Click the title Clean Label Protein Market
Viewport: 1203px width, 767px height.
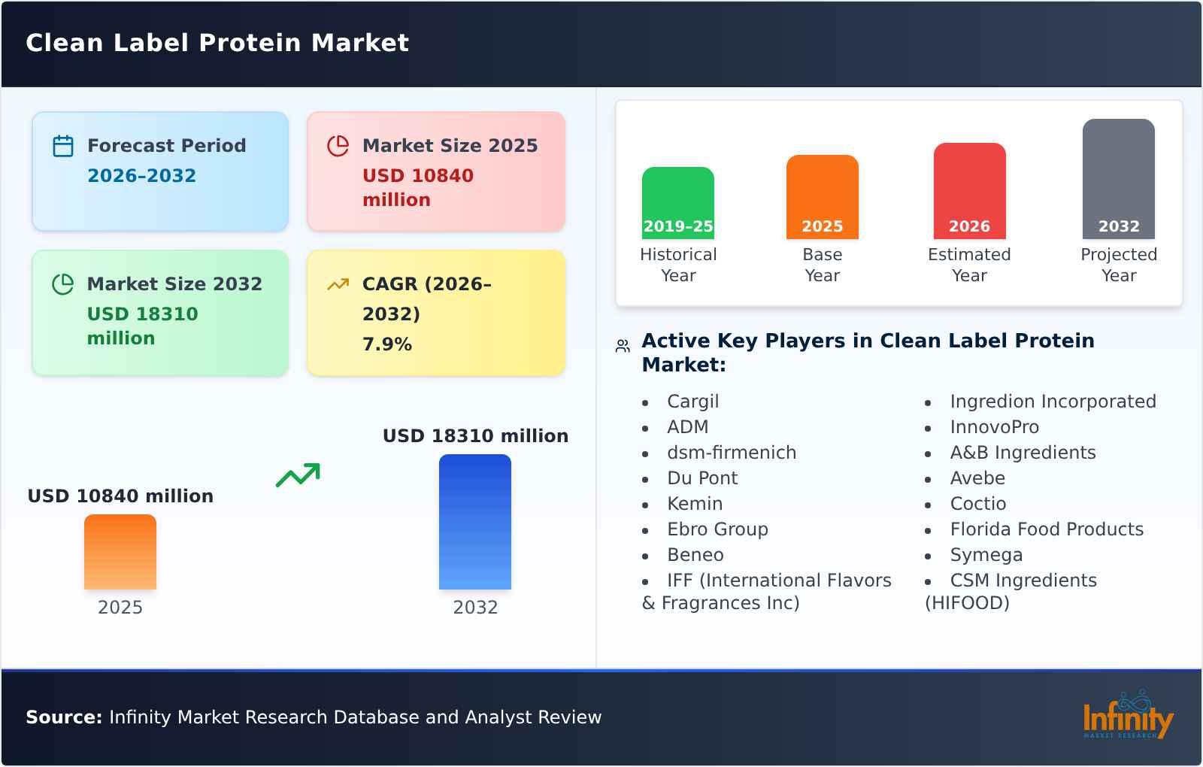217,43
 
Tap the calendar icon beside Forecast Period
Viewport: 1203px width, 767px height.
63,146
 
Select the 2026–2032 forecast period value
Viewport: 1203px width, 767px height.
141,176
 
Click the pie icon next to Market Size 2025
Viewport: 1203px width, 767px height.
338,146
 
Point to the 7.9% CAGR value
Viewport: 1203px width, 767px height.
386,344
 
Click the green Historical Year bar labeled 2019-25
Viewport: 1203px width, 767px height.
677,203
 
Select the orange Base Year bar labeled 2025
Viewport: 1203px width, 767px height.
822,197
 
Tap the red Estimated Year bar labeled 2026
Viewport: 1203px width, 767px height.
969,191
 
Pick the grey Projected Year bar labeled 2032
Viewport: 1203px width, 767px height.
1118,179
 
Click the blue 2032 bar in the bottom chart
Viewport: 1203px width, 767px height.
474,522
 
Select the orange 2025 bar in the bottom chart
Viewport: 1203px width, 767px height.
120,552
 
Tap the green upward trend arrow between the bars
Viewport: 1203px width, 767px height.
298,475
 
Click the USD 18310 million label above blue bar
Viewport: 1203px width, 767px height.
475,436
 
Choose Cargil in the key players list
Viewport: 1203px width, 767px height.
692,402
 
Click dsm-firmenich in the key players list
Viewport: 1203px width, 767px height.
731,453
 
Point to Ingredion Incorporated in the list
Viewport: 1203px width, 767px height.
1053,402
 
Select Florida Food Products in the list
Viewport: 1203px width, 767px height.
1046,529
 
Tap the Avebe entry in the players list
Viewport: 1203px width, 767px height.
977,478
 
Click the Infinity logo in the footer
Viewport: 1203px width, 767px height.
1127,717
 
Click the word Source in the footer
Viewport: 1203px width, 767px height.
63,717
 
